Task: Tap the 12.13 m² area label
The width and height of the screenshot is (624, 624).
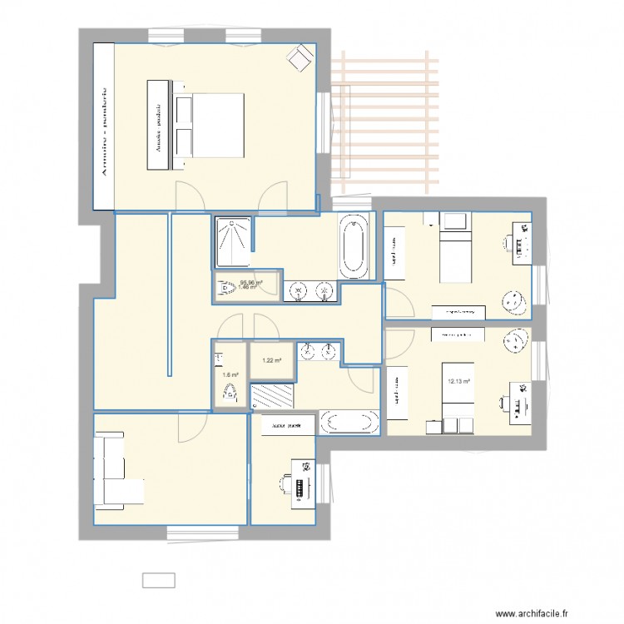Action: [459, 383]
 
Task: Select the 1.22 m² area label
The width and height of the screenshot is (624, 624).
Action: [271, 360]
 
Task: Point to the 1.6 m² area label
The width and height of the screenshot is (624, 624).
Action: [230, 375]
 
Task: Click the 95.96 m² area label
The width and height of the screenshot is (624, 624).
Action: [250, 283]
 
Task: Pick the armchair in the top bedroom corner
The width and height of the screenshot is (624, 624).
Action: [297, 57]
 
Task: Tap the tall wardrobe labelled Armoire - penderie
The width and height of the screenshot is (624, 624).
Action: [103, 125]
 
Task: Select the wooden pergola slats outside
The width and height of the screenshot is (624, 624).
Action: [386, 125]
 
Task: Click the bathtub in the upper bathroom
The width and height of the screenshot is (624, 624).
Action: [354, 246]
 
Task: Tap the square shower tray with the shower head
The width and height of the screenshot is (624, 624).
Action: [232, 235]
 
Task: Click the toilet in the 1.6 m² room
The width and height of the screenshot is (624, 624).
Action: [223, 394]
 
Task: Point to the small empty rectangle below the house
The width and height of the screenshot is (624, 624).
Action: [158, 580]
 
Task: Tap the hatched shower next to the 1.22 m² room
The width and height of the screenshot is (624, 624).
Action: [273, 394]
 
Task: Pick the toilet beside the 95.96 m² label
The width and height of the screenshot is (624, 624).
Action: [225, 287]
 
